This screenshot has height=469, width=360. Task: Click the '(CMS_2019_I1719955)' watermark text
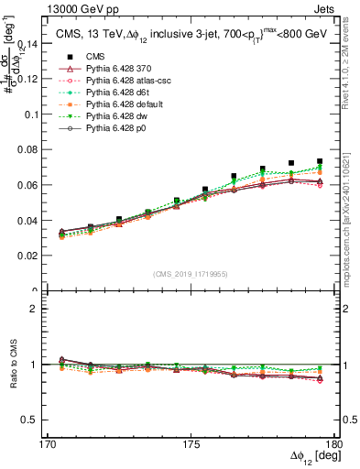190,272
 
